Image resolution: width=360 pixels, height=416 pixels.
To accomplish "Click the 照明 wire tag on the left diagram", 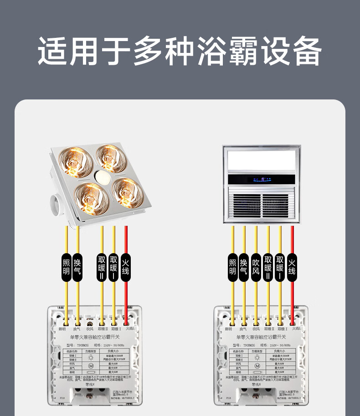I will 66,267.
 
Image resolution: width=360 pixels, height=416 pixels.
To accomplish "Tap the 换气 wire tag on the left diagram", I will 77,267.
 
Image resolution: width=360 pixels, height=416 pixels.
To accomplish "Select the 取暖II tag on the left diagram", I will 102,267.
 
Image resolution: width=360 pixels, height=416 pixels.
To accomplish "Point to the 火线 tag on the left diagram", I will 126,267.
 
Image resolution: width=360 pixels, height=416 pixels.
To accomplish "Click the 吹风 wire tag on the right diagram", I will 256,267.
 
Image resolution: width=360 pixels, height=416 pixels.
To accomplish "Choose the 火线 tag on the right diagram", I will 292,267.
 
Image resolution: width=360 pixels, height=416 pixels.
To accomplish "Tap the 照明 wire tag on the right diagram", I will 232,267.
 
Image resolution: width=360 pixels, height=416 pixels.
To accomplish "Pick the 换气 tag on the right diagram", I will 244,267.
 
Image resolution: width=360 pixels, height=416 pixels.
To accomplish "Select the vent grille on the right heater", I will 262,204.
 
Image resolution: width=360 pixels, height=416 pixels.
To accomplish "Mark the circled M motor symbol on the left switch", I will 91,366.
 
